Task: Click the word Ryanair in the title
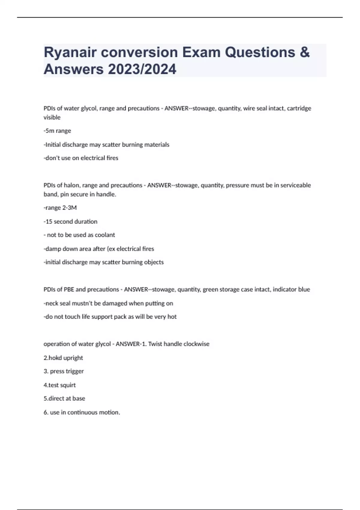(x=70, y=53)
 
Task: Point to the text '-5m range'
(x=57, y=131)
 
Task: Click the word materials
(x=157, y=145)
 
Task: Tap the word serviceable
(x=295, y=185)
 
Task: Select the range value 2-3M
(x=69, y=208)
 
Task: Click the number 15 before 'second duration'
(x=49, y=222)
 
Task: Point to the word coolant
(x=105, y=235)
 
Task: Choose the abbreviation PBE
(x=69, y=289)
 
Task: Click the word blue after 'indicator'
(x=304, y=289)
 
